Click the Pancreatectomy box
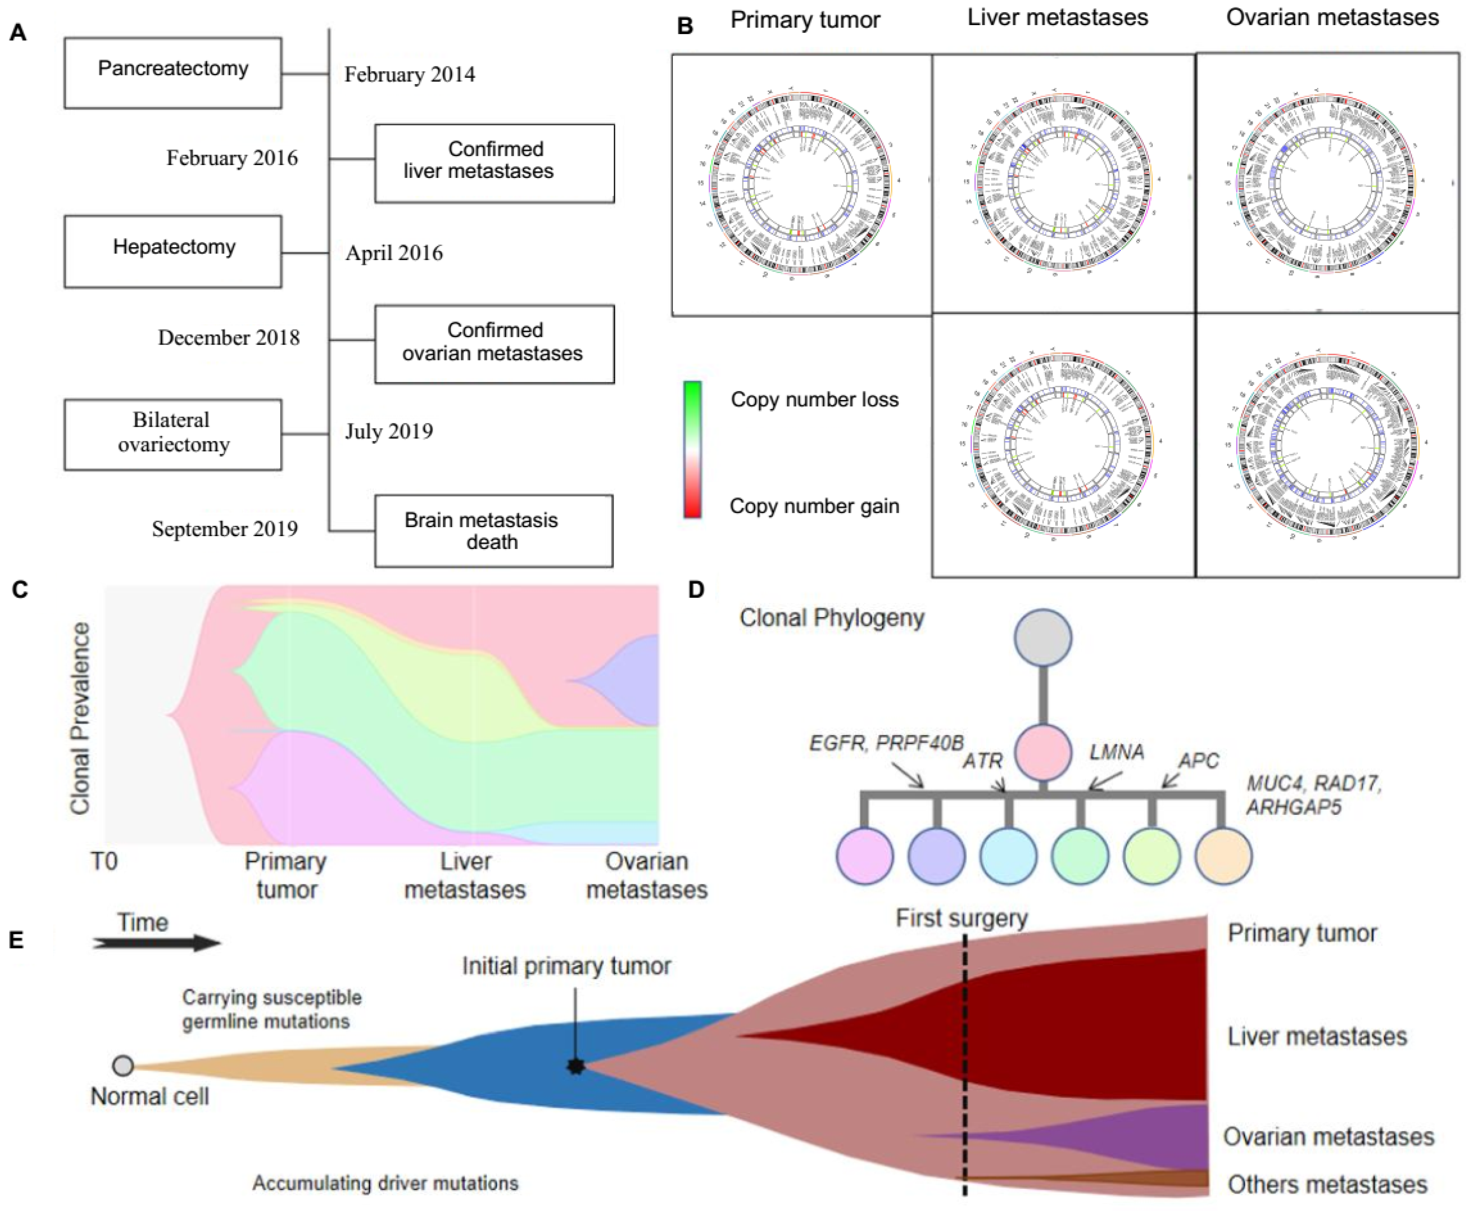click(x=173, y=72)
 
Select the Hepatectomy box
click(x=173, y=251)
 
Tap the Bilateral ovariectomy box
click(x=173, y=434)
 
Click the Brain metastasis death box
click(x=494, y=531)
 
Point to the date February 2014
click(x=409, y=74)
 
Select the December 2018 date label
click(x=229, y=337)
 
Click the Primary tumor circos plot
click(x=801, y=184)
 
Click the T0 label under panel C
click(x=104, y=862)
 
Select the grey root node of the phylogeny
click(x=1043, y=637)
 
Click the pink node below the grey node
click(x=1043, y=752)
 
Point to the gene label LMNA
click(x=1117, y=752)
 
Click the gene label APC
click(x=1198, y=760)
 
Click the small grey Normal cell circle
click(x=123, y=1066)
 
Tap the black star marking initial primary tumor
click(x=575, y=1066)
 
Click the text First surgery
click(x=962, y=918)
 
